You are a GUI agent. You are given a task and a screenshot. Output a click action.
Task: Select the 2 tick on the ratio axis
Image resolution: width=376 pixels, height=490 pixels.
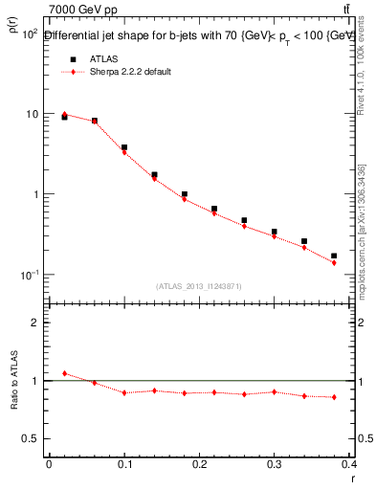(34, 323)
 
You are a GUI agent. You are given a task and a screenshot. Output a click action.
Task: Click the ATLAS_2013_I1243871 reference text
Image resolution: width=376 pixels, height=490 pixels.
(198, 286)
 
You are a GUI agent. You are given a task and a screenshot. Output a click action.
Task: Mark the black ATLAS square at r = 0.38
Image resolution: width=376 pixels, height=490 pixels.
(334, 256)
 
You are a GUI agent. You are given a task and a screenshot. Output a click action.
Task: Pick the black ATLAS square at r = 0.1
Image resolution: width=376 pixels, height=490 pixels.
(124, 147)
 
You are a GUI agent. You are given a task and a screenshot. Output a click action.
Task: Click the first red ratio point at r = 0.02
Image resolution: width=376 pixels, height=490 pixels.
(64, 373)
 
